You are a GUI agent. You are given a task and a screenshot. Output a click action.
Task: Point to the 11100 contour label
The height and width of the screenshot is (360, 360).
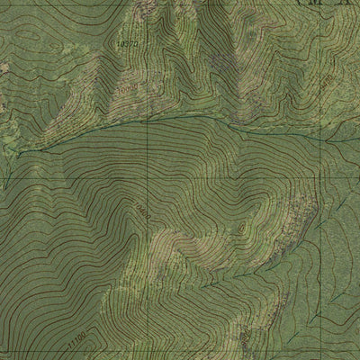click(78, 338)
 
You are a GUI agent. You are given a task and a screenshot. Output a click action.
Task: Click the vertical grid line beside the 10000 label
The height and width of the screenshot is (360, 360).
click(146, 90)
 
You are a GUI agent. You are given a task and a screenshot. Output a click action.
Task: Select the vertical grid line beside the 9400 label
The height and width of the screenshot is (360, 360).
click(317, 81)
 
